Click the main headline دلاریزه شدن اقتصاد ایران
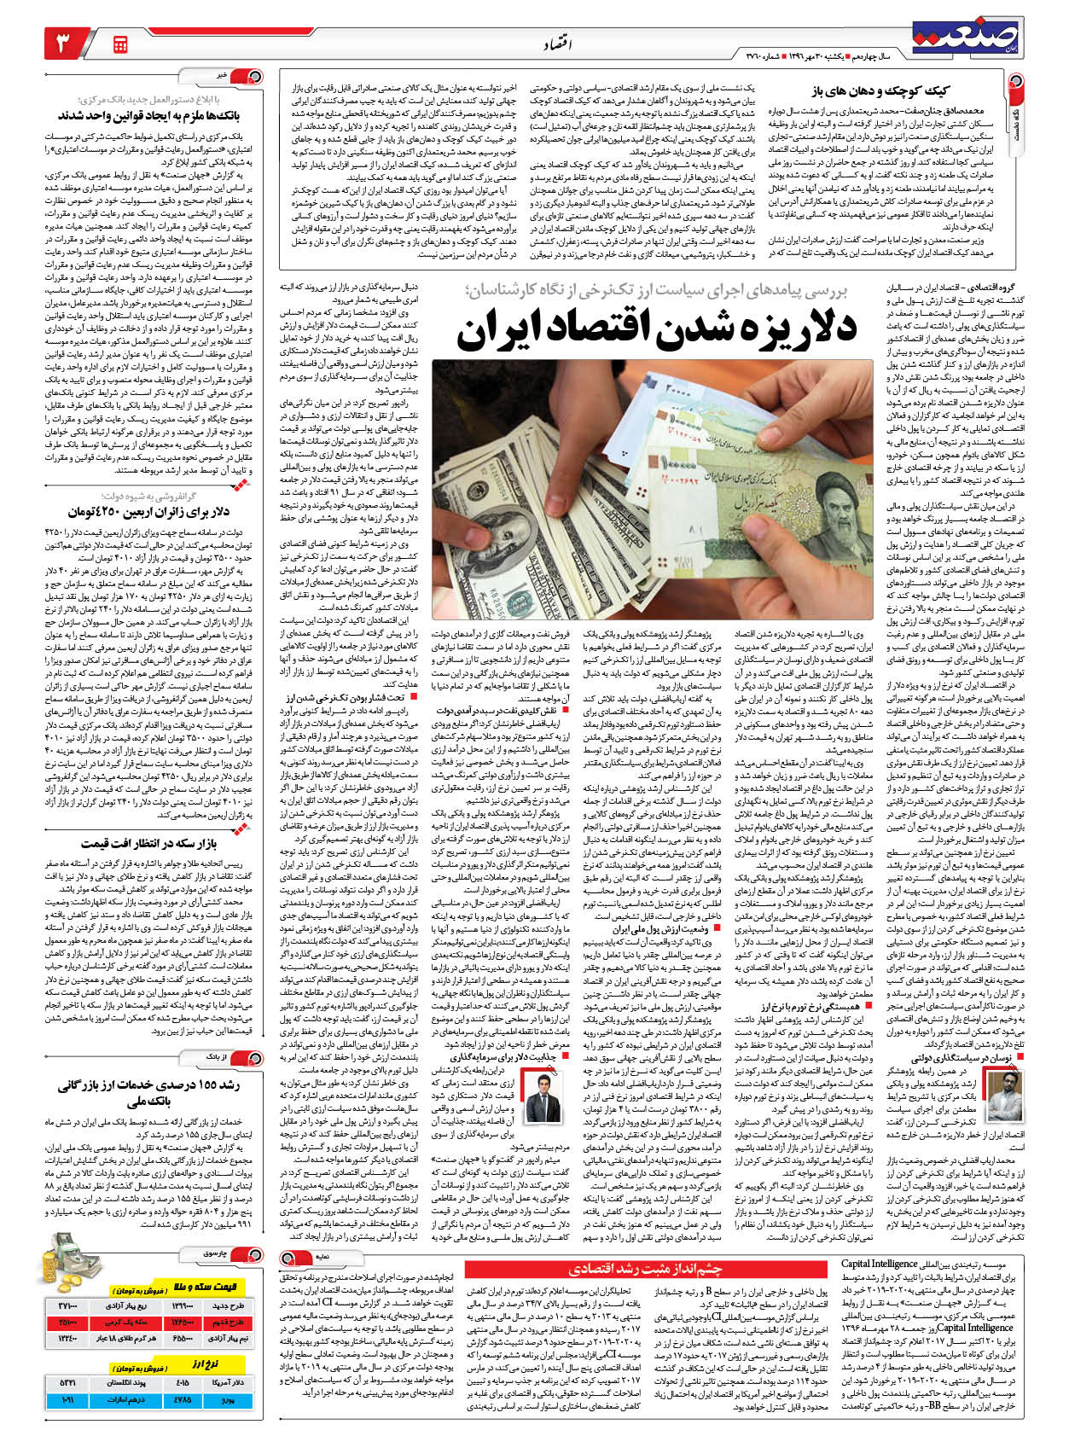click(x=656, y=328)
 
